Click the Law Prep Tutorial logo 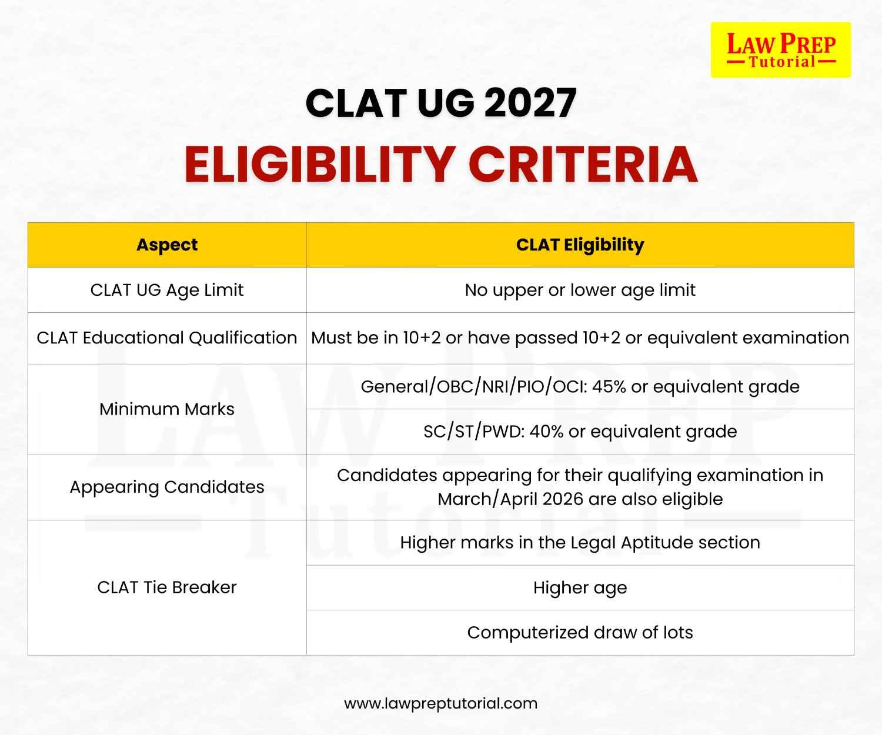[780, 49]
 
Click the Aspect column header [167, 245]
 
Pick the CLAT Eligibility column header [580, 245]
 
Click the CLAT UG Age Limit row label [167, 290]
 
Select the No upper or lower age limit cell [580, 290]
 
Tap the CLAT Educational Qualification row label [167, 338]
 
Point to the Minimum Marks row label [167, 409]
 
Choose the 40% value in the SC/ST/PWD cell [546, 431]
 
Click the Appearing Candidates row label [167, 487]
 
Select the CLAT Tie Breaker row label [167, 587]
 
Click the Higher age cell [580, 587]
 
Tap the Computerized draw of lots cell [580, 632]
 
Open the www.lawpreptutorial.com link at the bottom [440, 703]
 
